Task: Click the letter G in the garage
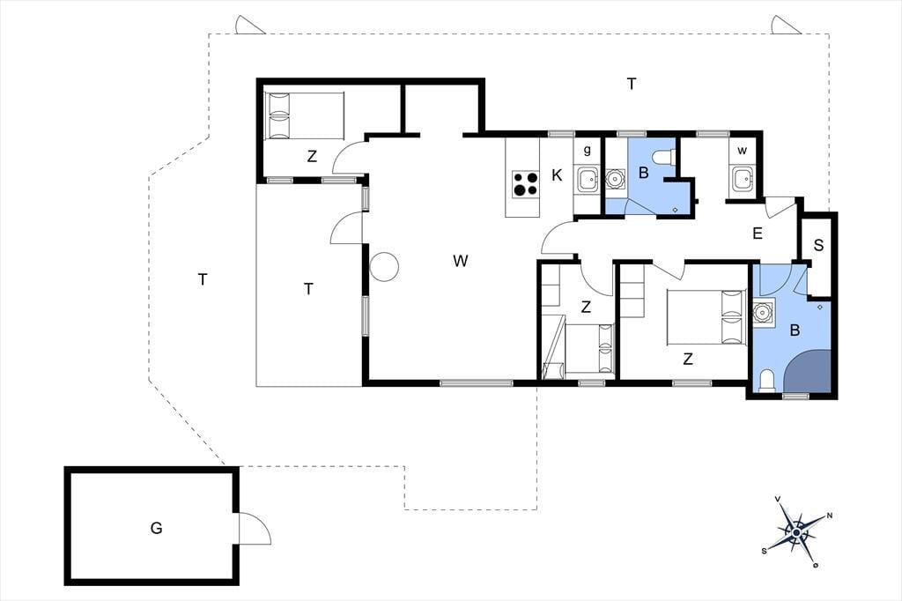click(x=156, y=528)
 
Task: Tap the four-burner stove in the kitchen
click(x=525, y=184)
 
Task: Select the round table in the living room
click(x=384, y=267)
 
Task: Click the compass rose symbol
click(x=796, y=532)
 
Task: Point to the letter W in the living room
click(x=460, y=261)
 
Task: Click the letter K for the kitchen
click(x=557, y=175)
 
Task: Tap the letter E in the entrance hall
click(x=758, y=234)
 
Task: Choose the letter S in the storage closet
click(x=818, y=245)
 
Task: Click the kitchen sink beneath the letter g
click(x=588, y=179)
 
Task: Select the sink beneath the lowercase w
click(x=742, y=179)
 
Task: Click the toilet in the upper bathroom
click(x=663, y=157)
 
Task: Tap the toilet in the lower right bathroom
click(x=767, y=382)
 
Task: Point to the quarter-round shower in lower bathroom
click(x=809, y=371)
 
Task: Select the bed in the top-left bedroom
click(x=304, y=115)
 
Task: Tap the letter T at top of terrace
click(x=632, y=84)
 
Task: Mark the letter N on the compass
click(x=830, y=516)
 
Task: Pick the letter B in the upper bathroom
click(x=644, y=173)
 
